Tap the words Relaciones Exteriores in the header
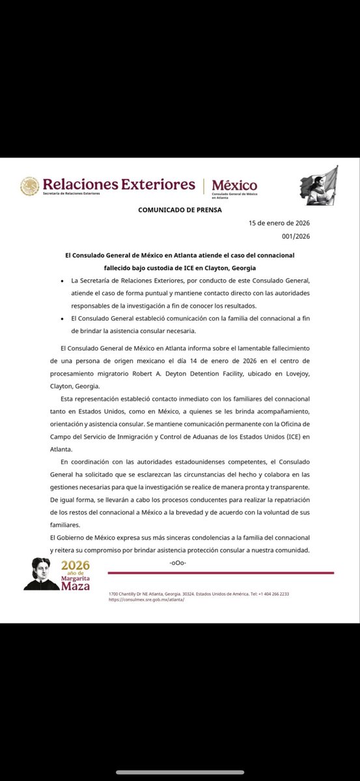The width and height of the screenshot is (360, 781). (118, 184)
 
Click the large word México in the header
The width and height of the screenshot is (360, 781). (234, 185)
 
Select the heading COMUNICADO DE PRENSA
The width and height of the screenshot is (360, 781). (180, 210)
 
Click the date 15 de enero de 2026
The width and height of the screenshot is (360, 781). (279, 223)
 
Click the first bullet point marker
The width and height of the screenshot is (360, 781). (58, 280)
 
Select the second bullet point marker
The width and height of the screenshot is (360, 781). (58, 318)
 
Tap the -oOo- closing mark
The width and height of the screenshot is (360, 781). (178, 562)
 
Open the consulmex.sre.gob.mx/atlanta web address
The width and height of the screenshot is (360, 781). (146, 599)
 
